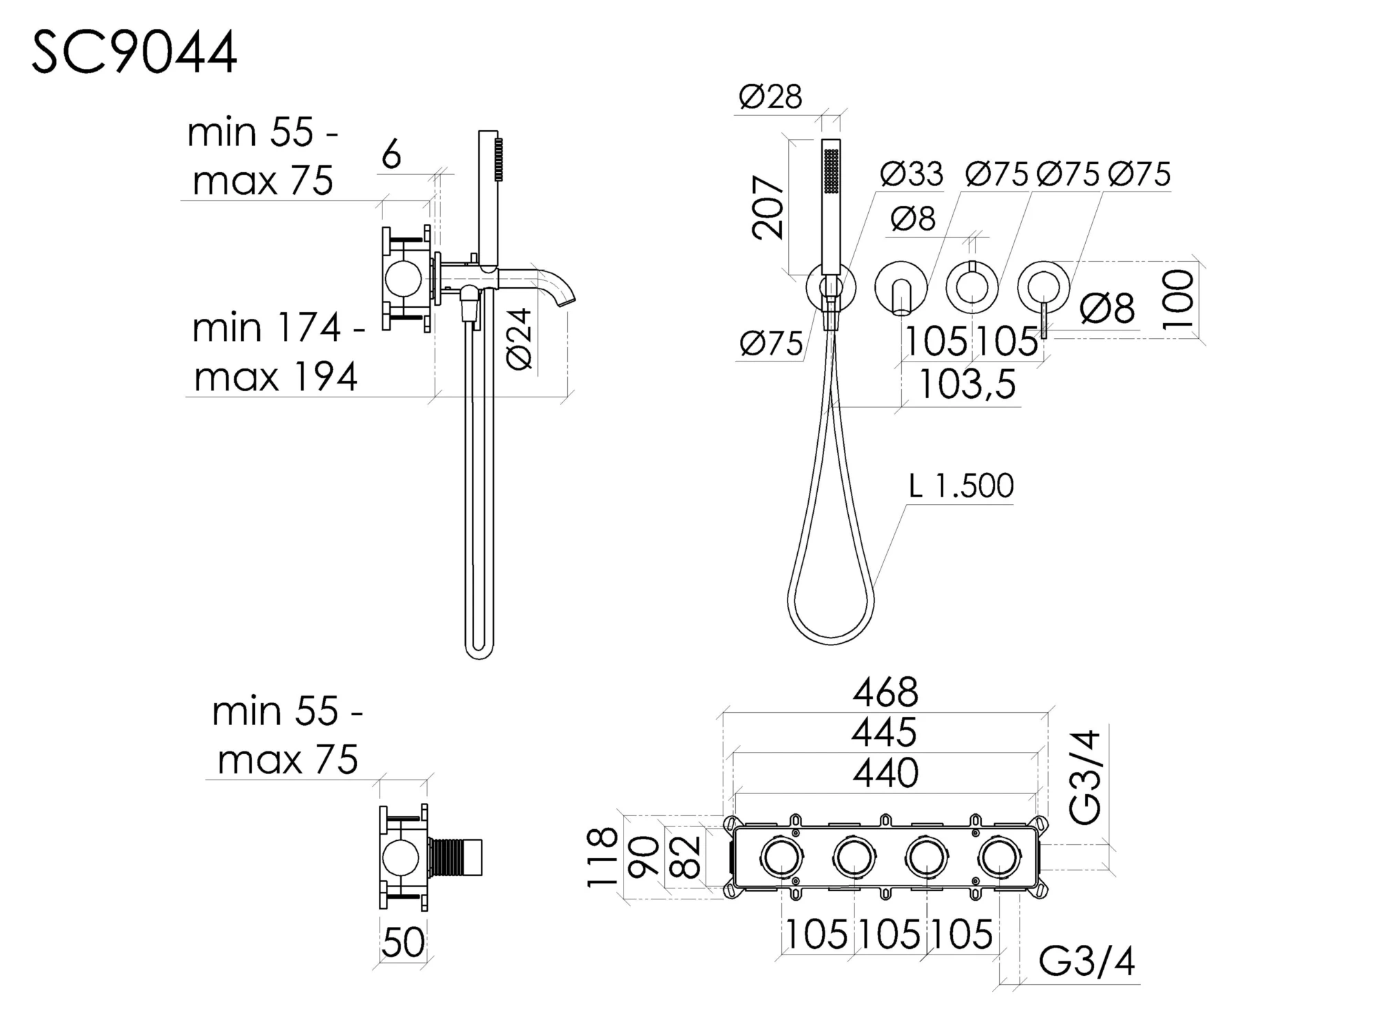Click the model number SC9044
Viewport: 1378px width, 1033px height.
click(x=135, y=52)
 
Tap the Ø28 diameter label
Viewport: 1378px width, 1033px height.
click(x=770, y=97)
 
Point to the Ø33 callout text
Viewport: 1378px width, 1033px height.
click(x=911, y=174)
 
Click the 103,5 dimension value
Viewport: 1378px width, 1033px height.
click(x=967, y=384)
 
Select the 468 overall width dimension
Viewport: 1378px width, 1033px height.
click(x=885, y=693)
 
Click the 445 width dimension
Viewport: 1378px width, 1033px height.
click(x=884, y=733)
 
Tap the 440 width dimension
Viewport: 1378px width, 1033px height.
click(x=885, y=773)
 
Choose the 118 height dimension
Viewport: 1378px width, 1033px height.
click(x=602, y=858)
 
